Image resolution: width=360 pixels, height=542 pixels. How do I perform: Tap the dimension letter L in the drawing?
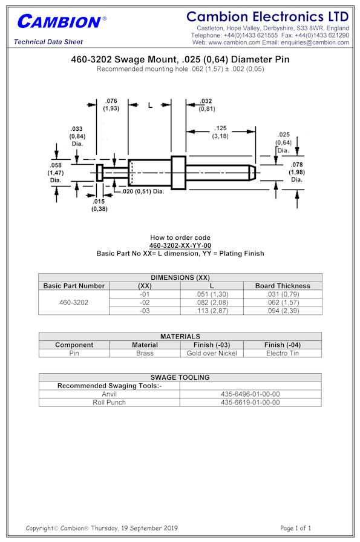click(150, 105)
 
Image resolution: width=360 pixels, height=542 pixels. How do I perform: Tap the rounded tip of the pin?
click(254, 173)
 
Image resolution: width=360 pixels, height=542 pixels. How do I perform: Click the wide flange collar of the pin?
click(178, 173)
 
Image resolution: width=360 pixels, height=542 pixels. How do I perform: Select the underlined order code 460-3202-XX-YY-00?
click(180, 245)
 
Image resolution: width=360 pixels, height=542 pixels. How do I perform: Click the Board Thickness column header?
click(283, 286)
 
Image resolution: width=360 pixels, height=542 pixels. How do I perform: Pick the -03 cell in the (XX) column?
click(145, 311)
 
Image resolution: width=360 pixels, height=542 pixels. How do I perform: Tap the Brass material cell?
click(145, 353)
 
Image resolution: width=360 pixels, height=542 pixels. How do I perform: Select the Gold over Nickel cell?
click(212, 353)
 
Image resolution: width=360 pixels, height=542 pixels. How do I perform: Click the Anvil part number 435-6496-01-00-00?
click(250, 394)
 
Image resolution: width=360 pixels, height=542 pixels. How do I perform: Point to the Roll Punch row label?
click(109, 402)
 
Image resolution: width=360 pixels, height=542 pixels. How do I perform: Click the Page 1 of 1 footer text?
click(295, 528)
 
